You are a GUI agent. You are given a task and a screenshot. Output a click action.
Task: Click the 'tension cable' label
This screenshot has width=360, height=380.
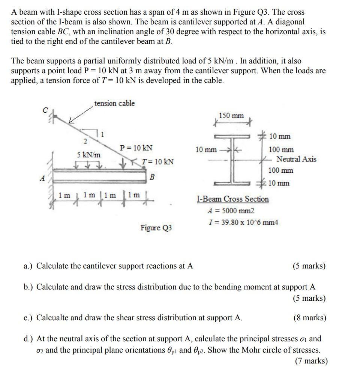tap(114, 103)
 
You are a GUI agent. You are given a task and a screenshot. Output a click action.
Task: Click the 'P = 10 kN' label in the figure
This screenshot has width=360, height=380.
tap(136, 148)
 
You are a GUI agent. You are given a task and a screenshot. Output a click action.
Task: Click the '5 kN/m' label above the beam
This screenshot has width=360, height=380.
tap(89, 155)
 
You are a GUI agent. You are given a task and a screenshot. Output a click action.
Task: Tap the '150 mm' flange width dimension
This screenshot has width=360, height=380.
tap(231, 116)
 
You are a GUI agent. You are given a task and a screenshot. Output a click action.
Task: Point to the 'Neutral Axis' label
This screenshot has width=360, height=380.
tap(296, 159)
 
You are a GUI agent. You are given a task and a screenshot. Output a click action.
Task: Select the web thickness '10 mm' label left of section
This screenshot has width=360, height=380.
tap(206, 150)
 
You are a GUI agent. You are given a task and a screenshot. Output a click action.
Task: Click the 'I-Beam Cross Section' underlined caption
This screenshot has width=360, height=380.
tap(232, 199)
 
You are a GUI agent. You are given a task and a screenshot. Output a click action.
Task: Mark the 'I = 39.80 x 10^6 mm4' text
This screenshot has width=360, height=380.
tap(243, 222)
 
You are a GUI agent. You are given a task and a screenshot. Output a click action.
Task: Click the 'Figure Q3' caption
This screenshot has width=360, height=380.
tap(156, 228)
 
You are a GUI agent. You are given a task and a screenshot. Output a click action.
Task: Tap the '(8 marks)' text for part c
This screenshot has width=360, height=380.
tap(309, 318)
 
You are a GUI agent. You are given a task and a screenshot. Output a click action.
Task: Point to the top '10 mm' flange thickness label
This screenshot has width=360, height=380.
tap(279, 136)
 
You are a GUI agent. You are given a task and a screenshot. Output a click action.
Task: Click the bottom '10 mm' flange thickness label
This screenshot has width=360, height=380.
tap(279, 183)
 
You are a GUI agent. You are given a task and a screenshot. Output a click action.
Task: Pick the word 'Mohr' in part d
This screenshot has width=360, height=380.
tap(266, 350)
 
